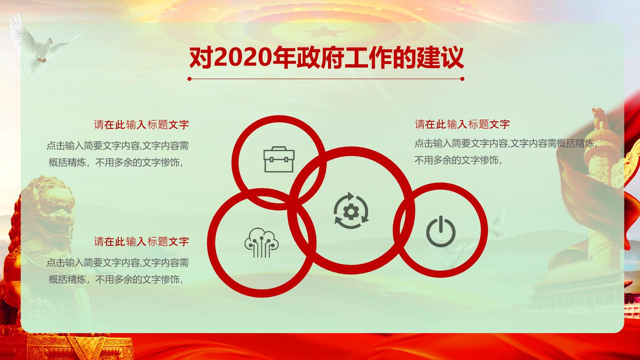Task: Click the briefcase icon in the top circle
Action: click(279, 160)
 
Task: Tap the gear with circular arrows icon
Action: click(351, 211)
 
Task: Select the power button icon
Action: click(440, 231)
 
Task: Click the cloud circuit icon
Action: click(261, 243)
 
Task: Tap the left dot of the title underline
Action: click(189, 79)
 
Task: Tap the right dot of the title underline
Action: click(462, 79)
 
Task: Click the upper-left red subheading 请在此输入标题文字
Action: click(141, 124)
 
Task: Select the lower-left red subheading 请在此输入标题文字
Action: click(141, 242)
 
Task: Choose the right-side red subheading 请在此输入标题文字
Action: click(462, 124)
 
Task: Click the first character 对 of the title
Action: click(201, 58)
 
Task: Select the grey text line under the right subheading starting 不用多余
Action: click(458, 160)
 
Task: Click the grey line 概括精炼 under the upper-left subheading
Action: click(116, 163)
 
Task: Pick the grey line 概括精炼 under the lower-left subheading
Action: click(116, 280)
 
